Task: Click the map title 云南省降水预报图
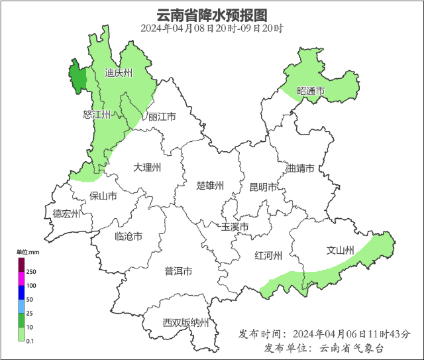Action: (x=211, y=15)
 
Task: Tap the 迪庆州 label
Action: (x=119, y=73)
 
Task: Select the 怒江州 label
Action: (x=97, y=115)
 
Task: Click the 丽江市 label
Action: (x=162, y=117)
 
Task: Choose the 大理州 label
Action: (x=147, y=167)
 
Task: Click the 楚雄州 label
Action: (x=211, y=185)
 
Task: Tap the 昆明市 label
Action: (x=262, y=187)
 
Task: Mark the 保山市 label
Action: (x=103, y=196)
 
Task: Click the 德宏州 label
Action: (x=66, y=213)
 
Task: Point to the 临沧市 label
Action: (x=128, y=237)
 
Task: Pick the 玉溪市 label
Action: (x=235, y=227)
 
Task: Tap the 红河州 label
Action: (x=269, y=256)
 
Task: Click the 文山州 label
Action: (x=341, y=251)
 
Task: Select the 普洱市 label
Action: (x=178, y=271)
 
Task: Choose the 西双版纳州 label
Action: (x=186, y=324)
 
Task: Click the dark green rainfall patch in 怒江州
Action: (x=78, y=79)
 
